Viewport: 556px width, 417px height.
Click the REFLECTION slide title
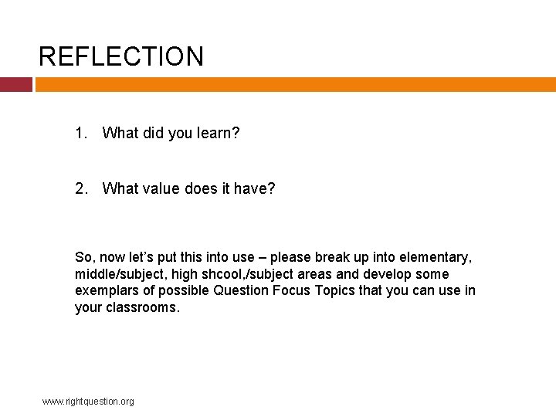(x=121, y=56)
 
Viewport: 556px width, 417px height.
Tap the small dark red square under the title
(x=15, y=84)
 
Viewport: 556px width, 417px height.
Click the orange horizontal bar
(x=295, y=84)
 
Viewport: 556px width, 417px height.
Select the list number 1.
(x=80, y=133)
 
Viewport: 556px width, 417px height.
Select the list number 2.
(x=80, y=188)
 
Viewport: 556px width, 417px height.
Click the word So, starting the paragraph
(x=84, y=257)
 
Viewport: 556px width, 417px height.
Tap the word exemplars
(x=107, y=291)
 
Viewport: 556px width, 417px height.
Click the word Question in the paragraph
(x=242, y=291)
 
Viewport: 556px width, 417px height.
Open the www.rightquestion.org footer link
(x=88, y=401)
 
